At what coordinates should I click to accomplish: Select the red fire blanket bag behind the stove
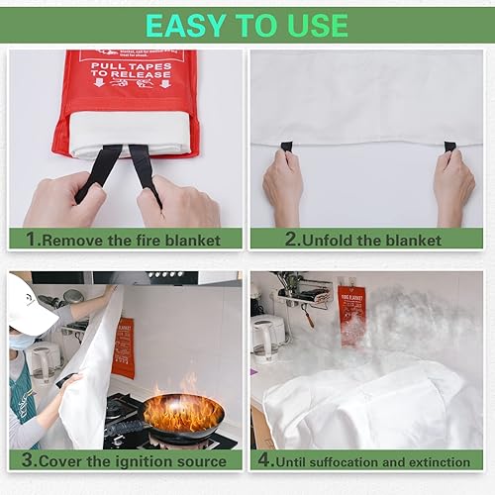[x=124, y=347]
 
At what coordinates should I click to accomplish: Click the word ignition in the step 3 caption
[x=110, y=461]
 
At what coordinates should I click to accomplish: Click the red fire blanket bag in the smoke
[x=351, y=311]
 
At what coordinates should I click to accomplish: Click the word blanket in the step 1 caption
[x=199, y=240]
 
